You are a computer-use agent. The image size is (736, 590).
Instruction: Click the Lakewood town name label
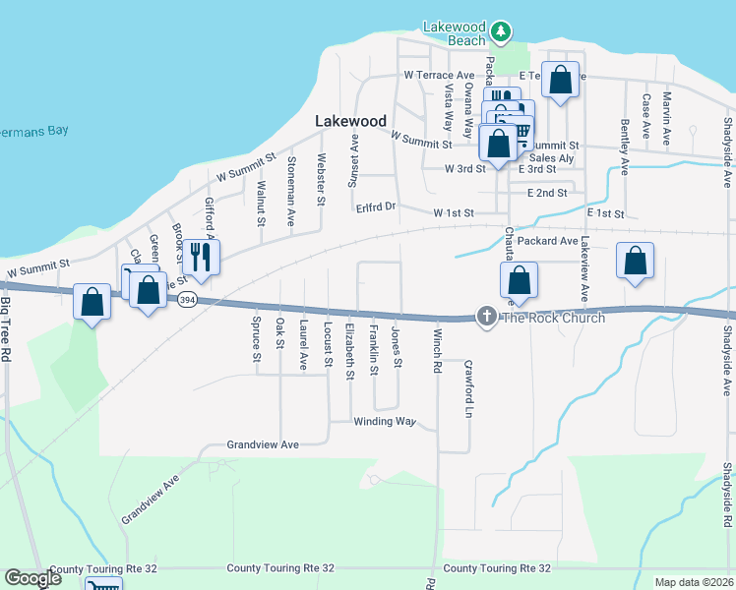(350, 121)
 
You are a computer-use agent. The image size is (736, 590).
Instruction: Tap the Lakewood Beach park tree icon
(502, 31)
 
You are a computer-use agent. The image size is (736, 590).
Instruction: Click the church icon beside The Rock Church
(485, 317)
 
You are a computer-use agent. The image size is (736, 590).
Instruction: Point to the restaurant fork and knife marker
(202, 257)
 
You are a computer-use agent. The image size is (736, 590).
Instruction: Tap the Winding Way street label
(385, 422)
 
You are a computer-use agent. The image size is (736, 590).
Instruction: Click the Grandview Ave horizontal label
(263, 444)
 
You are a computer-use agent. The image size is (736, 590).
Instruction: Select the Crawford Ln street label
(468, 388)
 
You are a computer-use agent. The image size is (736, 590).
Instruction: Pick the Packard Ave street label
(547, 241)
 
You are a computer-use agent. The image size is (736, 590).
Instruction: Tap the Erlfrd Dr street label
(375, 207)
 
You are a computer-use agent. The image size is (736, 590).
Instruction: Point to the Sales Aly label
(551, 158)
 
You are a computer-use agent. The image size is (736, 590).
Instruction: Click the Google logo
(32, 578)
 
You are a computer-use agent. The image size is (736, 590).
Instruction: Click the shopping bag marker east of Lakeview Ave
(635, 262)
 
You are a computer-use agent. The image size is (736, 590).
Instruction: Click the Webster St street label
(321, 179)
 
